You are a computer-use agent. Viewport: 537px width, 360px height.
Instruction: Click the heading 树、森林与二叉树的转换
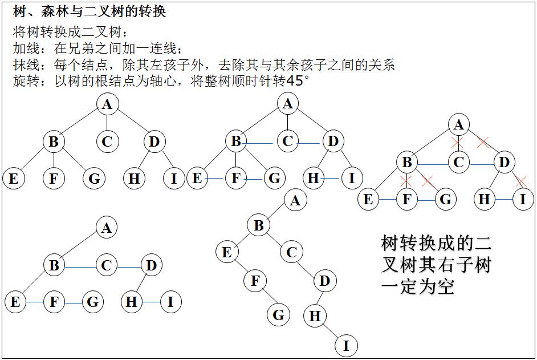pyautogui.click(x=89, y=11)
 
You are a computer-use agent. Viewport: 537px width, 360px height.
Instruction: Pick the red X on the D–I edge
pyautogui.click(x=520, y=181)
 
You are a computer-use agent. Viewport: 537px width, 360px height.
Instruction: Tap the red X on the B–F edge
pyautogui.click(x=406, y=181)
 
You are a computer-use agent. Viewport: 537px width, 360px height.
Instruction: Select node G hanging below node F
pyautogui.click(x=278, y=314)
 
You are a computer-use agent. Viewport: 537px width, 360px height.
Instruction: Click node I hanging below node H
pyautogui.click(x=345, y=345)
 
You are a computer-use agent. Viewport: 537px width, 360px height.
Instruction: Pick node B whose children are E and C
pyautogui.click(x=258, y=225)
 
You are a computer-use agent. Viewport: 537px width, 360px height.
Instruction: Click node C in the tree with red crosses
pyautogui.click(x=458, y=163)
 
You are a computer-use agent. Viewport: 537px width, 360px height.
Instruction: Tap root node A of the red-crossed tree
pyautogui.click(x=459, y=125)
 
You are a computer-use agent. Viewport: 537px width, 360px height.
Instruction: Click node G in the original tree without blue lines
pyautogui.click(x=94, y=179)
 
